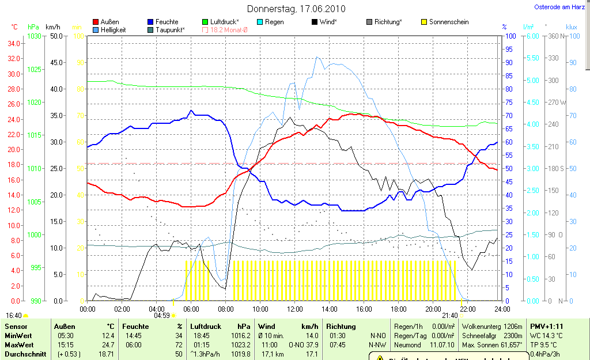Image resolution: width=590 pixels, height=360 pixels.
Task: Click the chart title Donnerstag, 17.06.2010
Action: pyautogui.click(x=296, y=9)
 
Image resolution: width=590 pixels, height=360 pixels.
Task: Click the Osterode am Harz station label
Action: pyautogui.click(x=559, y=7)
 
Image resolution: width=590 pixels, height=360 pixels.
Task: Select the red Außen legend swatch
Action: pyautogui.click(x=96, y=22)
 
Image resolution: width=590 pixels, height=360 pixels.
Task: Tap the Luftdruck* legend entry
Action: pyautogui.click(x=224, y=22)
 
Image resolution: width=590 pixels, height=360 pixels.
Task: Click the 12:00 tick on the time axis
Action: pyautogui.click(x=295, y=309)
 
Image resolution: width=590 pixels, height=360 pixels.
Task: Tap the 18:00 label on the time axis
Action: pyautogui.click(x=398, y=309)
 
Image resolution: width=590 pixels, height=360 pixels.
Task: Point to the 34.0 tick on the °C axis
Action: pyautogui.click(x=14, y=44)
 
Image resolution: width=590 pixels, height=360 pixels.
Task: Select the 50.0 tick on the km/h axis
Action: pyautogui.click(x=56, y=36)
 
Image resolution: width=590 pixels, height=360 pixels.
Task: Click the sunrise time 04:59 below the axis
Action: pyautogui.click(x=162, y=316)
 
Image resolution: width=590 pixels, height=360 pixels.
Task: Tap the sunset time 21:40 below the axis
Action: pyautogui.click(x=449, y=316)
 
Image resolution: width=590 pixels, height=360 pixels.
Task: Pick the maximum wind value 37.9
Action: pyautogui.click(x=311, y=344)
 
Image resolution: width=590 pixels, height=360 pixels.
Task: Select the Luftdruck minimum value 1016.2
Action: pyautogui.click(x=241, y=335)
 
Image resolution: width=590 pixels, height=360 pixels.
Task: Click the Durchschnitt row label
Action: pyautogui.click(x=25, y=354)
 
